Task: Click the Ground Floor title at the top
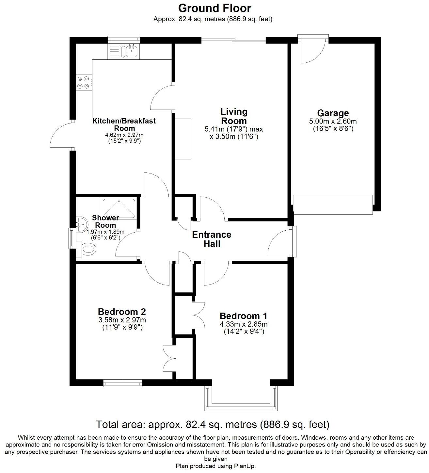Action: click(x=214, y=8)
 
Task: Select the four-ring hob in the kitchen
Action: click(x=83, y=82)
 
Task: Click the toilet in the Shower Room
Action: click(x=87, y=250)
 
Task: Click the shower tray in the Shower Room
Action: click(x=119, y=208)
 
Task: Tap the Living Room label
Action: click(x=234, y=116)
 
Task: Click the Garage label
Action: click(x=333, y=113)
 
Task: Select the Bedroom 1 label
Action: click(x=243, y=316)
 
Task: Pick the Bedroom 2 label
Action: click(x=122, y=311)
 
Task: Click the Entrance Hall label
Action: click(x=212, y=239)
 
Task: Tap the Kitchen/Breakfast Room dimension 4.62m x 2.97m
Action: click(x=124, y=135)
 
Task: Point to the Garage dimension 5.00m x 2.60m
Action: click(x=333, y=122)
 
